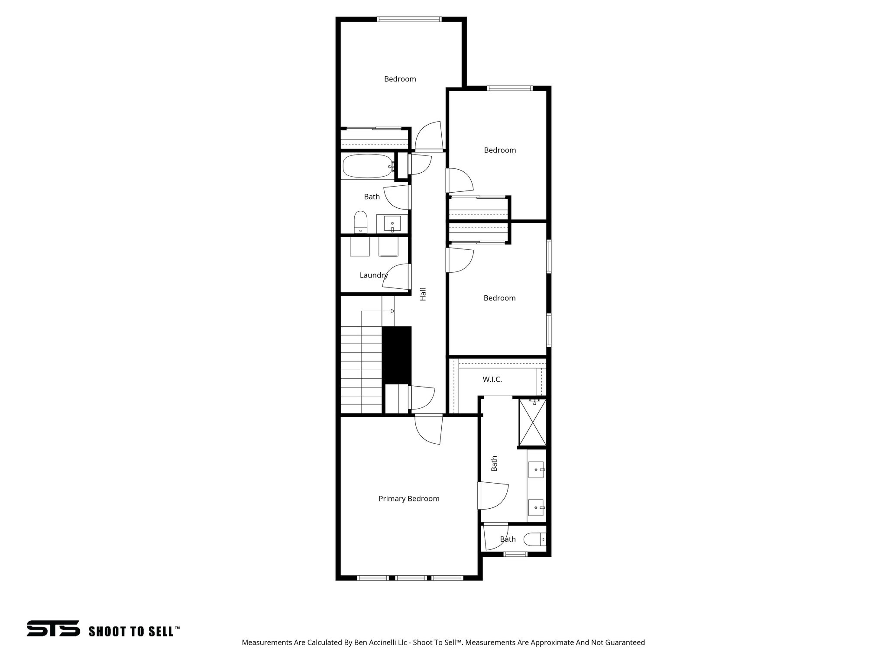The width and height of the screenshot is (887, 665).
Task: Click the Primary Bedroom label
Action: coord(408,499)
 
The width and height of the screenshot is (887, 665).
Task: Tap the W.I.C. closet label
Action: coord(492,380)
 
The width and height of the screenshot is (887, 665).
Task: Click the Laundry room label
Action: coord(373,275)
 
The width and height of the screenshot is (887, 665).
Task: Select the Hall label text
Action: coord(423,294)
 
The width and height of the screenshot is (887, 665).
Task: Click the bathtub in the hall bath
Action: coord(367,166)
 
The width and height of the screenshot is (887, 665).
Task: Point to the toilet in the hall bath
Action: coord(360,222)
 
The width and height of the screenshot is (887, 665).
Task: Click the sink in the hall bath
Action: coord(392,224)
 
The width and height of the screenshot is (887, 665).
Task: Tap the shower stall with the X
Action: coord(533,423)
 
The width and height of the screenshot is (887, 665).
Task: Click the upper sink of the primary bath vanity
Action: coord(536,469)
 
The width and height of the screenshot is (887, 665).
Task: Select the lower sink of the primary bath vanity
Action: coord(536,507)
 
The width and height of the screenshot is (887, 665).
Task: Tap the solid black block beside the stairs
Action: coord(396,355)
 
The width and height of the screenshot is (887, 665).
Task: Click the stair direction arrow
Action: coord(392,311)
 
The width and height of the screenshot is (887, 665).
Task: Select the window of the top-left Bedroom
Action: coord(409,19)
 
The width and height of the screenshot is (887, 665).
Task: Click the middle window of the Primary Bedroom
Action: coord(411,578)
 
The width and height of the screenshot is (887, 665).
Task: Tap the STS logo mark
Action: coord(53,628)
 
